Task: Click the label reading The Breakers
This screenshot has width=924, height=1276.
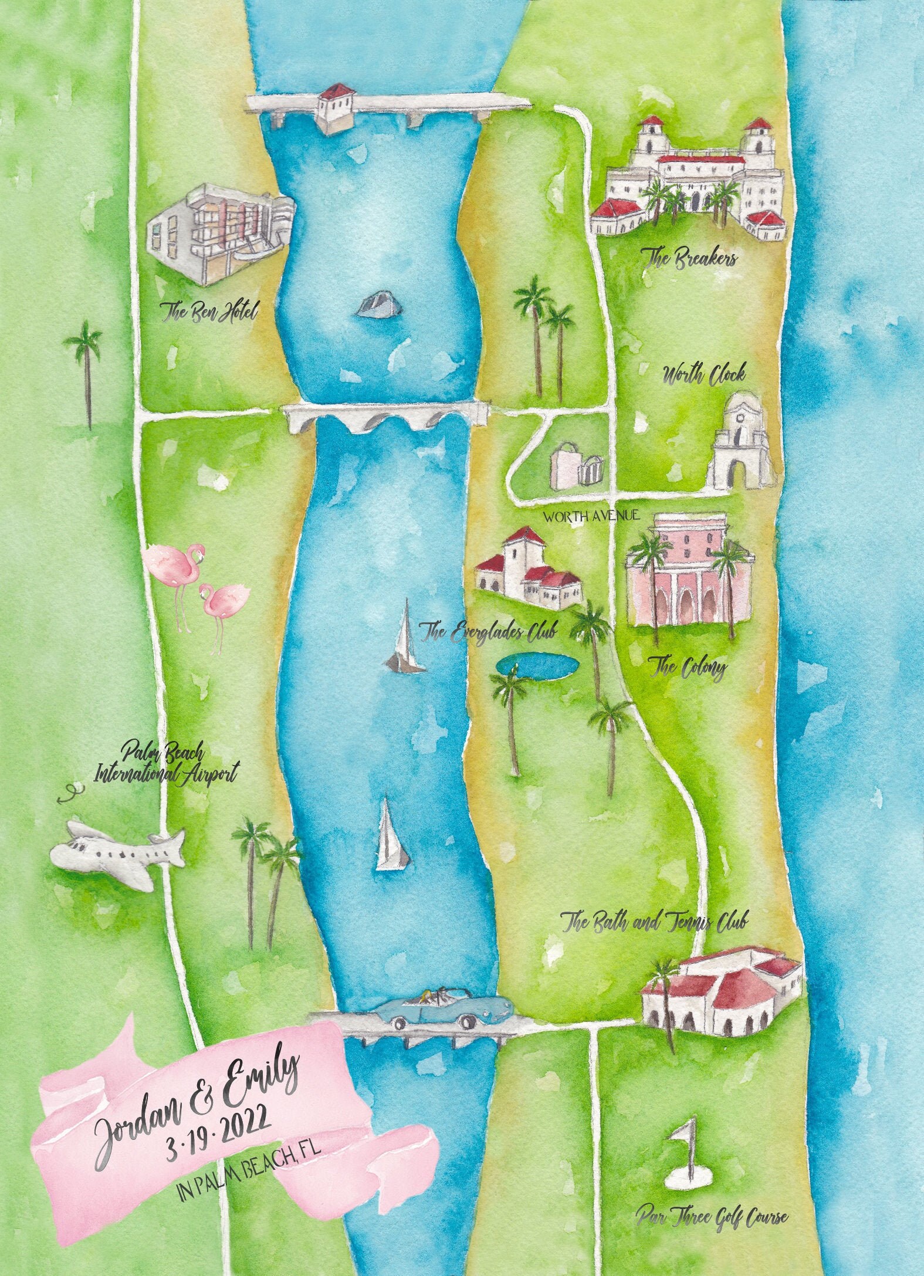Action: [x=689, y=259]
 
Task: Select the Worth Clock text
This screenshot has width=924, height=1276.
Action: [x=703, y=375]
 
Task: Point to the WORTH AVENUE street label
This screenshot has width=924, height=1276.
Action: [x=591, y=517]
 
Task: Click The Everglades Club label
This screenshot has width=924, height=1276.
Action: [x=488, y=632]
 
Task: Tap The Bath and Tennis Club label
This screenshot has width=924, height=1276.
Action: [x=654, y=922]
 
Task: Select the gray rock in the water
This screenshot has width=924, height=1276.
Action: [x=378, y=305]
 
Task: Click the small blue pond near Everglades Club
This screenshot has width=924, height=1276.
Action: [x=537, y=665]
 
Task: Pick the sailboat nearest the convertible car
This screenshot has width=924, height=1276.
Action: [x=390, y=838]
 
